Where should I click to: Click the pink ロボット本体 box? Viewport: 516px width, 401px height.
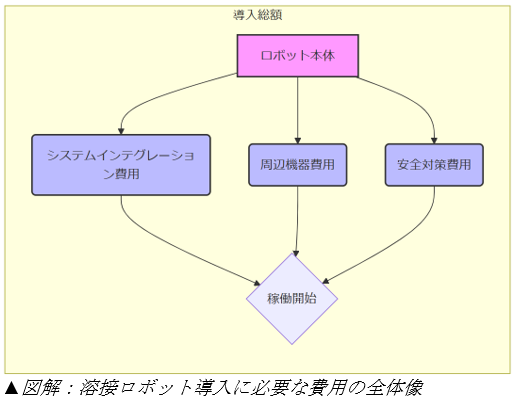pos(298,56)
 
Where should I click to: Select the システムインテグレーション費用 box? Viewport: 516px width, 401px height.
pos(121,165)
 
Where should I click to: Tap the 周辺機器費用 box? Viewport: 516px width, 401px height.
pos(298,165)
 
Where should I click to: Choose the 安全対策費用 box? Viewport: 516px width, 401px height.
pos(434,165)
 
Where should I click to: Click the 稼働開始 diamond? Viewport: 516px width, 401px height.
pos(292,298)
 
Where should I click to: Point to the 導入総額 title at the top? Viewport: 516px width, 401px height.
pos(257,15)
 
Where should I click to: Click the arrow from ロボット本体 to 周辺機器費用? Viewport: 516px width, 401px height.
pos(298,110)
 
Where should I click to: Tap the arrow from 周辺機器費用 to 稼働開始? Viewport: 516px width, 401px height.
pos(297,221)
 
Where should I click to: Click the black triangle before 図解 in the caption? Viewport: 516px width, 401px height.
pos(11,388)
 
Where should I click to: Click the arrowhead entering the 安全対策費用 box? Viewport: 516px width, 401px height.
pos(434,140)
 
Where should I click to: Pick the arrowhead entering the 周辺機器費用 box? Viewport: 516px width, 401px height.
pos(298,140)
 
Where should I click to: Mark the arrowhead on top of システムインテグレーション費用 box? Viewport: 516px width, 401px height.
pos(121,131)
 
